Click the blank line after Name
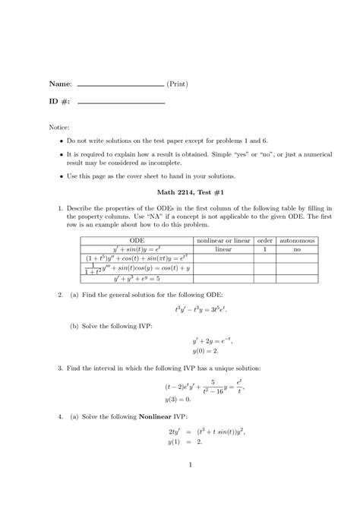tap(121, 86)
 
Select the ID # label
tap(60, 102)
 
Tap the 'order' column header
tap(264, 241)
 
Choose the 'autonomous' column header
tap(298, 241)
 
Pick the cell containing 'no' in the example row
tap(298, 249)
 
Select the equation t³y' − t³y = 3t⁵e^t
tap(200, 310)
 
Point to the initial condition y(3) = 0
tap(178, 399)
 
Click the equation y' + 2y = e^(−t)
tap(207, 341)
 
